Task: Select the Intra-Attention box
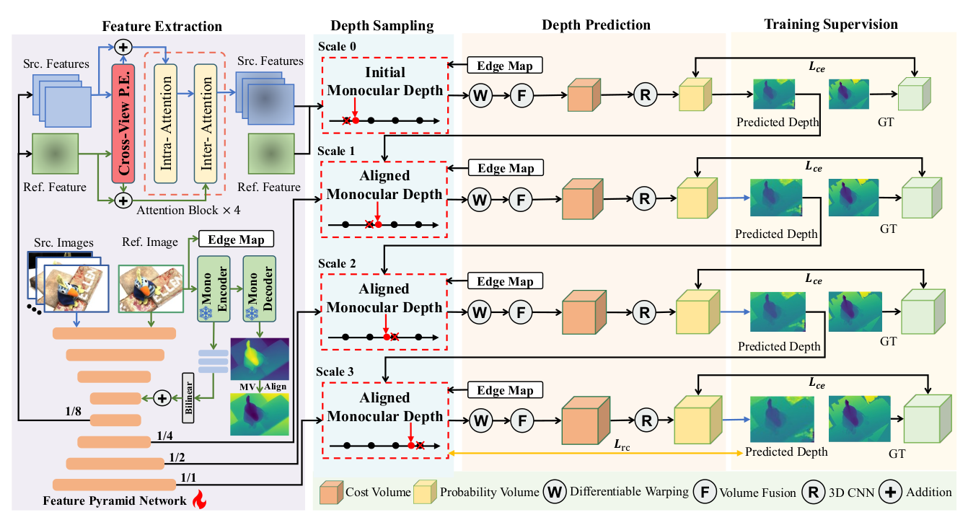click(x=166, y=122)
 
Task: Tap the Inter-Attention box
click(x=206, y=122)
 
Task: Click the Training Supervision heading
click(x=831, y=25)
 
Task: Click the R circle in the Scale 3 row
click(x=646, y=419)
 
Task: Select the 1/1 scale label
click(x=188, y=477)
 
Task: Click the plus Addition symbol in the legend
click(x=891, y=492)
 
